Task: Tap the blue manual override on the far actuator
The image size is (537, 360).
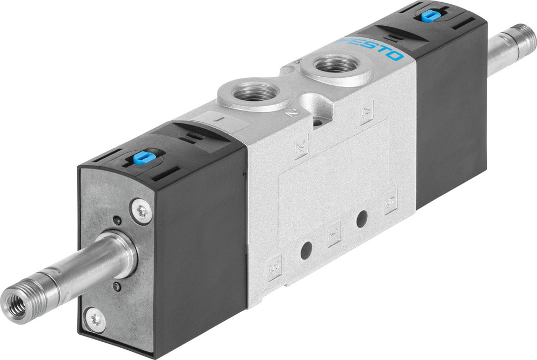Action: click(429, 16)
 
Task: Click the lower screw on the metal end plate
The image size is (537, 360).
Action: click(97, 320)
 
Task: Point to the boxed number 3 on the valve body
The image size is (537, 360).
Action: click(275, 265)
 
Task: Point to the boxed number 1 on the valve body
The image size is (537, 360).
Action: click(334, 233)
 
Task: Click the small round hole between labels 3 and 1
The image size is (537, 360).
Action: click(307, 250)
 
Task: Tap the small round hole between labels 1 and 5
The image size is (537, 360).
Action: click(362, 218)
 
